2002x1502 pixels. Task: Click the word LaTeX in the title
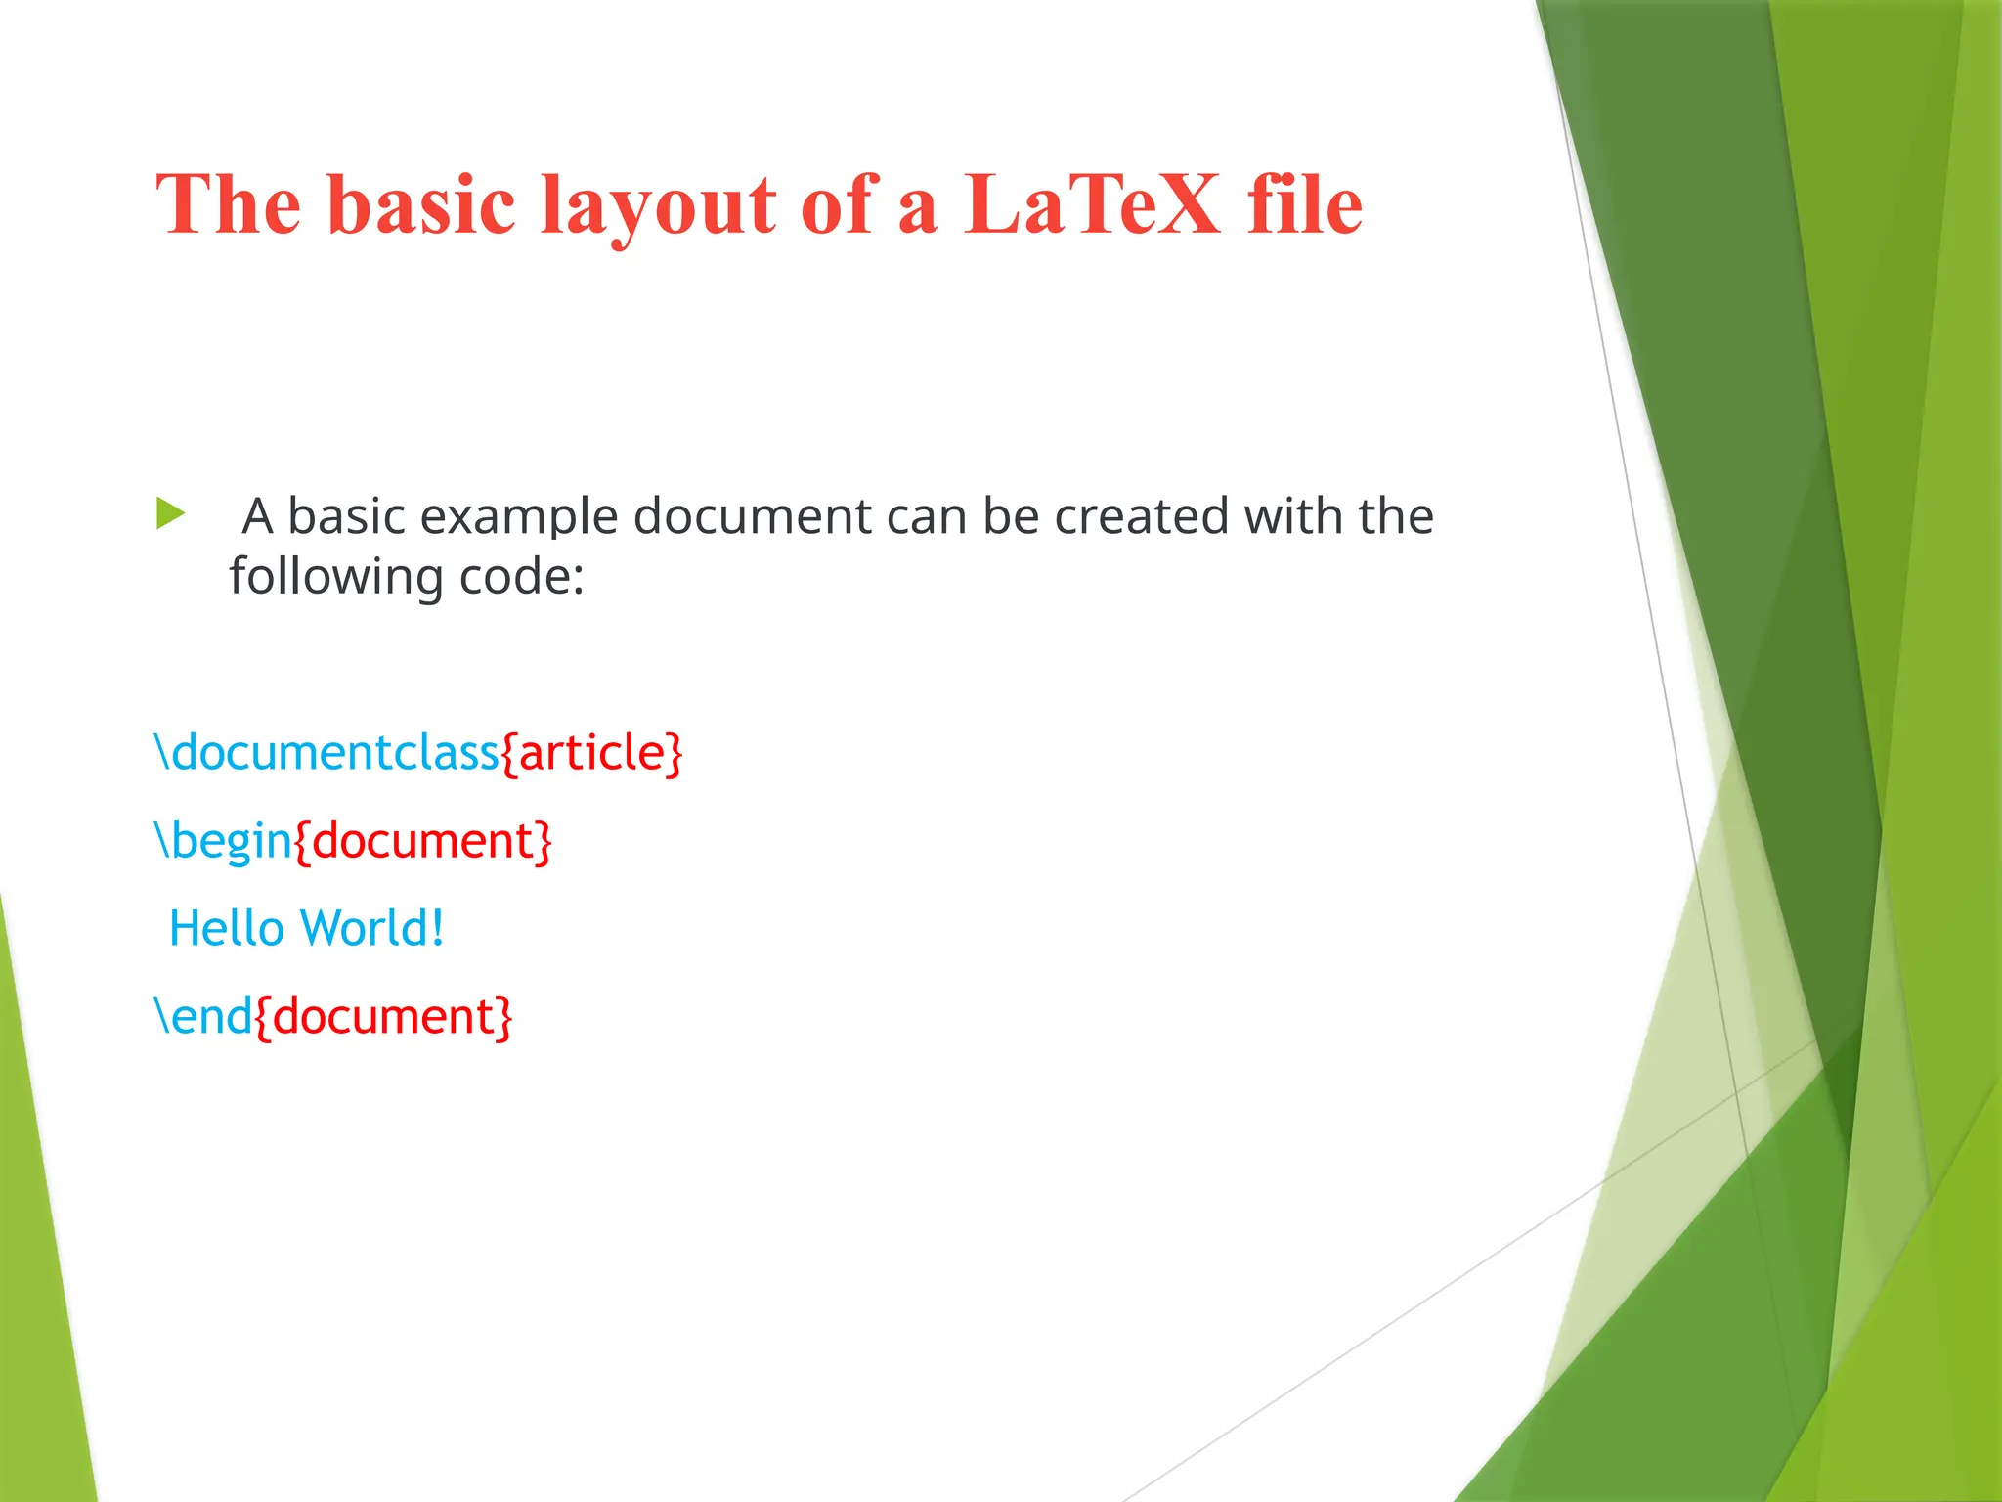(x=1092, y=204)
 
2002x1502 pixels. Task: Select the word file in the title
(x=1305, y=204)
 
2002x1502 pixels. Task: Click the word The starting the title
(x=228, y=204)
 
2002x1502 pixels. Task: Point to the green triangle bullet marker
(x=170, y=513)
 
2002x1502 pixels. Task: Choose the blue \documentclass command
(x=327, y=752)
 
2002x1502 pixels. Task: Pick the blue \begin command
(x=224, y=841)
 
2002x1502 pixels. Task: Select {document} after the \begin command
(x=423, y=841)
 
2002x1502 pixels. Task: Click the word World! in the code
(x=372, y=928)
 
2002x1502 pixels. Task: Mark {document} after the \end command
(x=383, y=1017)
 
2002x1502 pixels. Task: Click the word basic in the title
(x=421, y=204)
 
